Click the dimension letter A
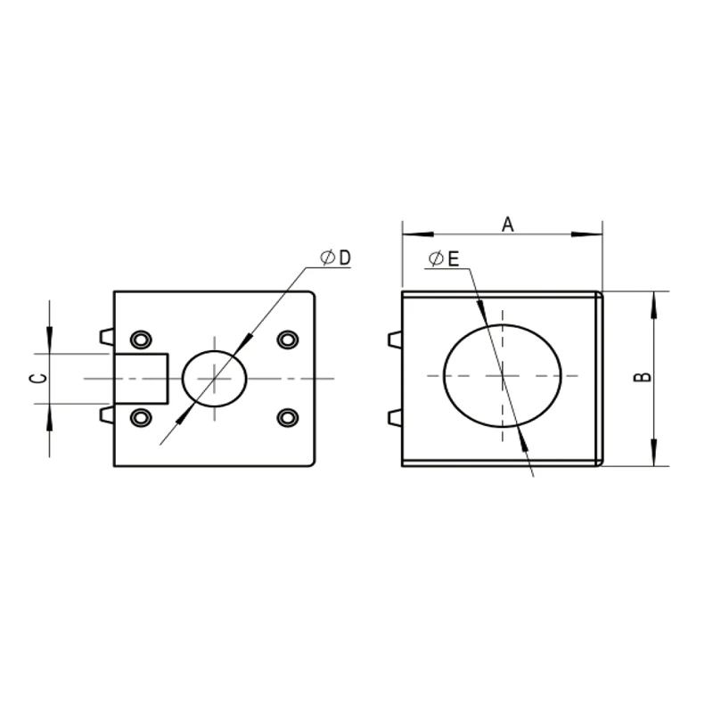pos(507,224)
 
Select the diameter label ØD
pos(336,258)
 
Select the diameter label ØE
pos(443,259)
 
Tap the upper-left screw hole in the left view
pos(140,340)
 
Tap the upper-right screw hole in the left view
pos(287,340)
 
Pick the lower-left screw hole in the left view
pos(140,417)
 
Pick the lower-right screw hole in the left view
pos(287,417)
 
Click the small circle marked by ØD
pos(214,378)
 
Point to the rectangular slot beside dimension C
pos(141,378)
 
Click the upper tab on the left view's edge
pos(106,336)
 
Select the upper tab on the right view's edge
pos(395,340)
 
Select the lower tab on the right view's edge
pos(395,417)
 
